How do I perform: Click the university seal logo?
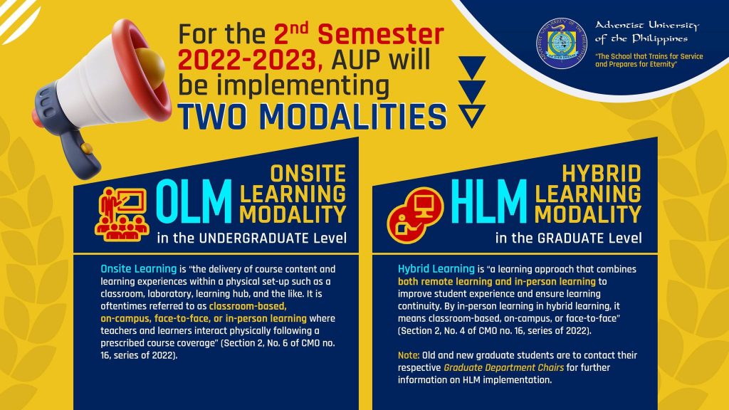coord(561,43)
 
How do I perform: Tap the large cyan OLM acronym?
coord(194,201)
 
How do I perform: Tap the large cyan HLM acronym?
coord(488,201)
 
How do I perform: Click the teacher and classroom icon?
coord(122,214)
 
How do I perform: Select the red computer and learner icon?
coord(414,215)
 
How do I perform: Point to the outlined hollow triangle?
coord(472,115)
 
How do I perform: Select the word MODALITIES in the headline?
coord(353,116)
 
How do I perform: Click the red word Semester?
coord(380,35)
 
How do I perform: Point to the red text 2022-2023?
coord(250,61)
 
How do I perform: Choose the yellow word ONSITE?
coord(308,174)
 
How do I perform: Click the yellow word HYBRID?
coord(602,174)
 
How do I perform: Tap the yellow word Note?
coord(408,355)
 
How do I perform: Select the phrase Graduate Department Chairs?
coord(503,368)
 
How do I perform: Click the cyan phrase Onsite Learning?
coord(139,268)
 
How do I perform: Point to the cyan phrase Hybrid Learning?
coord(436,268)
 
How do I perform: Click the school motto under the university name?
coord(649,61)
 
